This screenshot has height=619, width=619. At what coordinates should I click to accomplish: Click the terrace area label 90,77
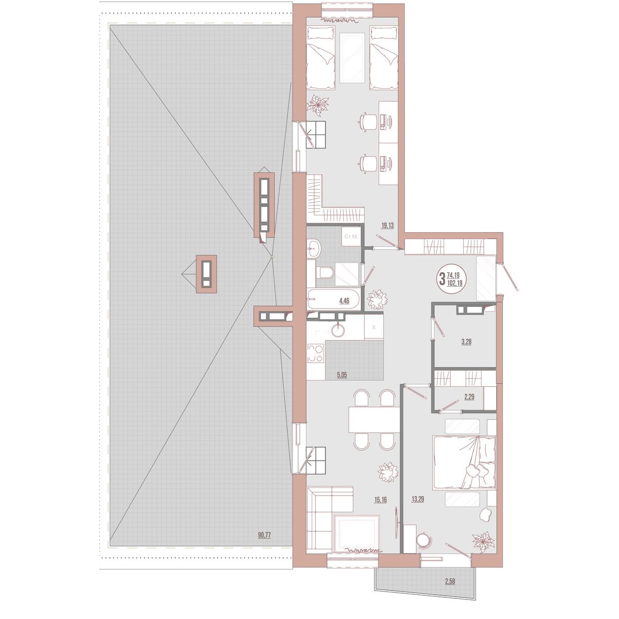(x=265, y=535)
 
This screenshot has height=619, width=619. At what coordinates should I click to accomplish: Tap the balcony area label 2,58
(x=451, y=582)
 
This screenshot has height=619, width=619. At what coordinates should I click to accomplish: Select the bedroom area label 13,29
(x=417, y=499)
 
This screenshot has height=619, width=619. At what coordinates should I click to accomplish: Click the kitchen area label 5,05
(x=341, y=376)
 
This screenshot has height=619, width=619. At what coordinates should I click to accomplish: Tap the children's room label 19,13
(x=388, y=225)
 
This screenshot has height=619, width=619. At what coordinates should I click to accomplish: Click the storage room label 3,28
(x=466, y=341)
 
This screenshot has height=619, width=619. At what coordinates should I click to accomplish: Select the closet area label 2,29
(x=469, y=397)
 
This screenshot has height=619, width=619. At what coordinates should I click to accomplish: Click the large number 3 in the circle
(x=442, y=280)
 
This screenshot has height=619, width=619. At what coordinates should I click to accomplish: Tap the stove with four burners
(x=316, y=354)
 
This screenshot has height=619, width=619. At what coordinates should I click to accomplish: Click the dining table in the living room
(x=374, y=420)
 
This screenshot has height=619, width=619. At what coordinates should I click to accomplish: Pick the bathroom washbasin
(x=314, y=250)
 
